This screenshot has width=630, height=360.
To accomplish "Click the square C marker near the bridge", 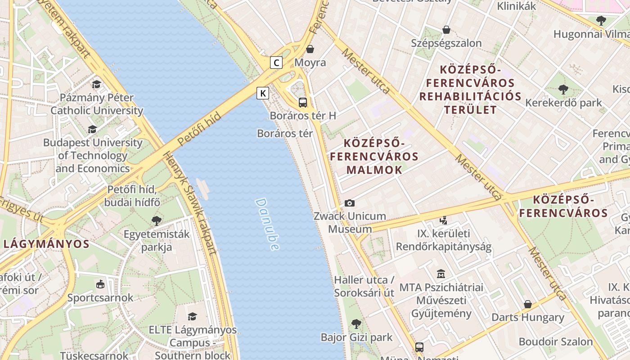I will [276, 63].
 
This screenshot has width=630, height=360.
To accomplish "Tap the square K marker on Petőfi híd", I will [263, 93].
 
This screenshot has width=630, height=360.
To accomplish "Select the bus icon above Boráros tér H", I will [303, 102].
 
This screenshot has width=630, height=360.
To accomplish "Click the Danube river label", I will [267, 224].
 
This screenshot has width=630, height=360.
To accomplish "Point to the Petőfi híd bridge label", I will [199, 129].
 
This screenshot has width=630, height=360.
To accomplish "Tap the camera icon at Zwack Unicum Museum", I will [350, 203].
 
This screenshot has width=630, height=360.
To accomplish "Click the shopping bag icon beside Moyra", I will [310, 49].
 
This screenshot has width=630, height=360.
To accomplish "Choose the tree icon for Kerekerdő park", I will [563, 90].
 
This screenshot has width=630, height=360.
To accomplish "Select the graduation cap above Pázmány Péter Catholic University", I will [96, 84].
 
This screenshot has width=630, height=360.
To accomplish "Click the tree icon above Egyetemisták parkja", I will [157, 220].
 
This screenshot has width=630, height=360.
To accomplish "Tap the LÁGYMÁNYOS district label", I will [46, 244].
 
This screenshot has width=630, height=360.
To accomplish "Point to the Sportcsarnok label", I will [100, 298].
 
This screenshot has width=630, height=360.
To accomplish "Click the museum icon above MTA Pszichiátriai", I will [441, 274].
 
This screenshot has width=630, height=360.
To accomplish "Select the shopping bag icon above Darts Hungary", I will [527, 305].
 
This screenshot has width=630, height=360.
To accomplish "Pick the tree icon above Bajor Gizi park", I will [356, 324].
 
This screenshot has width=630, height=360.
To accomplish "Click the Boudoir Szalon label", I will [556, 342].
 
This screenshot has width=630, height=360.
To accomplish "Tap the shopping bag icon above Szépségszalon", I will [446, 30].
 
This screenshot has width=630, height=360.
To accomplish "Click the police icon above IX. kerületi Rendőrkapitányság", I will [444, 220].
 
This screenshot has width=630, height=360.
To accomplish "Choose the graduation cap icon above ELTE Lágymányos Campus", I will [192, 316].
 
